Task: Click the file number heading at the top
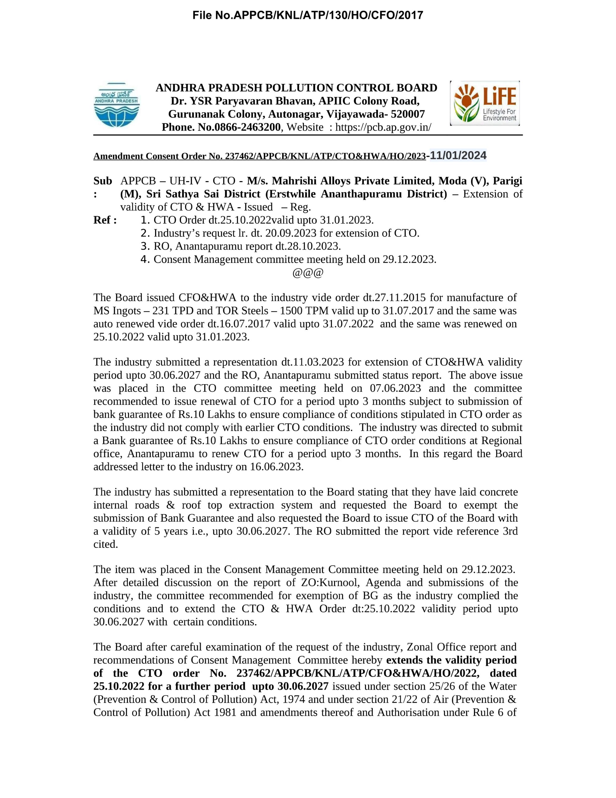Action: pyautogui.click(x=307, y=15)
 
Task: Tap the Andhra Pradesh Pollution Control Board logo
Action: pyautogui.click(x=117, y=105)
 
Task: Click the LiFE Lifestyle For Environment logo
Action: pyautogui.click(x=485, y=103)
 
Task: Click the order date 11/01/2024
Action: pyautogui.click(x=458, y=155)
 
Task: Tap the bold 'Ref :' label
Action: pyautogui.click(x=105, y=220)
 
